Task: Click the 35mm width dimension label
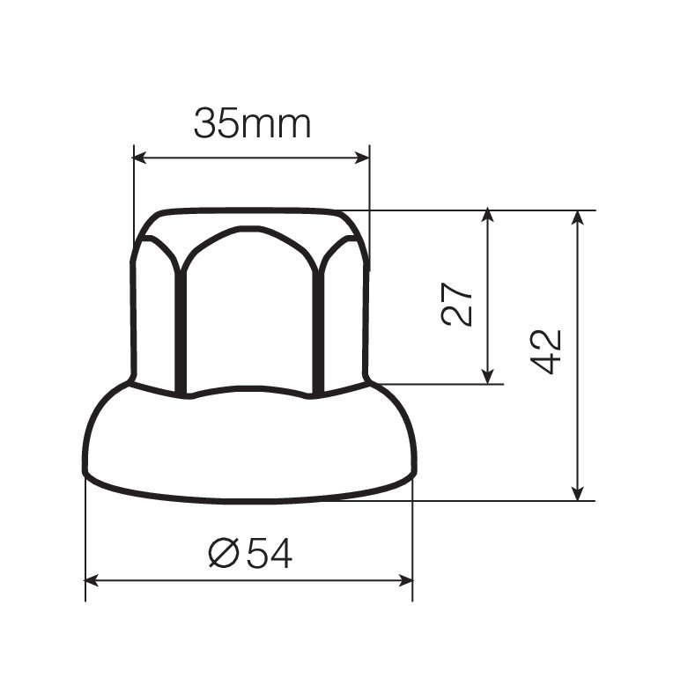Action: (252, 124)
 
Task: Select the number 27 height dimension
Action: (457, 305)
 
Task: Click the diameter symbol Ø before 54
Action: (224, 553)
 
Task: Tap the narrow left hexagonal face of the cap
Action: (155, 317)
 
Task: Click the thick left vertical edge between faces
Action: (181, 330)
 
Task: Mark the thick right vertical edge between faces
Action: (320, 330)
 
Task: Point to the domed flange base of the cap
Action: (249, 445)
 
